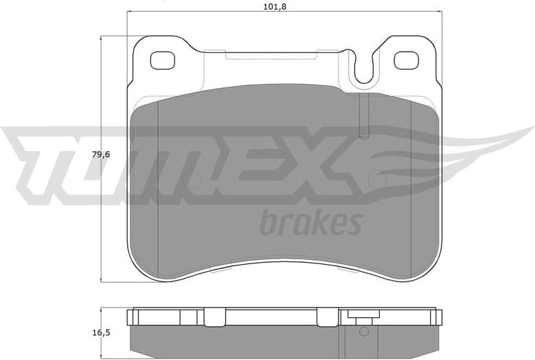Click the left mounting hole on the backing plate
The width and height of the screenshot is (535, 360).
coord(163,60)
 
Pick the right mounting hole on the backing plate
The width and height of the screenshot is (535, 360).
coord(407,60)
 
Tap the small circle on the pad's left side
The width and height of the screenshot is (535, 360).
coord(193,180)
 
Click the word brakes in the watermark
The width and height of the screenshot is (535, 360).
coord(311,223)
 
